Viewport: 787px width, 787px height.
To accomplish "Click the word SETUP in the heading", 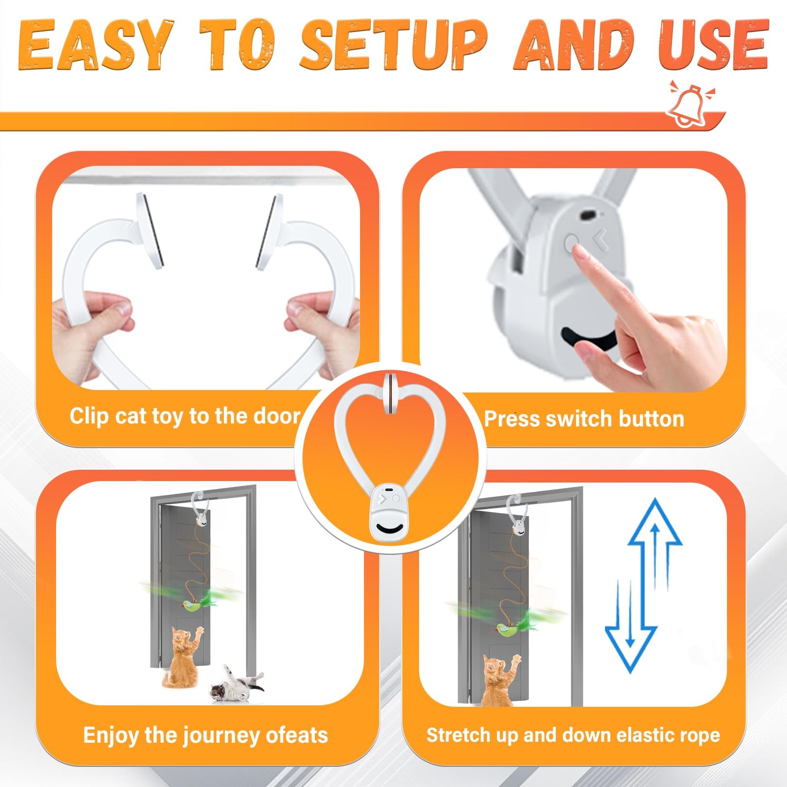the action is pyautogui.click(x=393, y=45).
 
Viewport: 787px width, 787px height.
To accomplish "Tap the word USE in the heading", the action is pyautogui.click(x=713, y=45).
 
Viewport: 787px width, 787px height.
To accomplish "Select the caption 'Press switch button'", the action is pyautogui.click(x=584, y=419).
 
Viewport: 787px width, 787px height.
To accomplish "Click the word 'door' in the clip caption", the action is pyautogui.click(x=276, y=416).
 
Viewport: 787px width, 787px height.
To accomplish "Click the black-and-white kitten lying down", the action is pyautogui.click(x=237, y=684).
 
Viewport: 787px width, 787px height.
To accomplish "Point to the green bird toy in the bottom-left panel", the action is pyautogui.click(x=199, y=603).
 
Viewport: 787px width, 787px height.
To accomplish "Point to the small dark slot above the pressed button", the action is pyautogui.click(x=588, y=215).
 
